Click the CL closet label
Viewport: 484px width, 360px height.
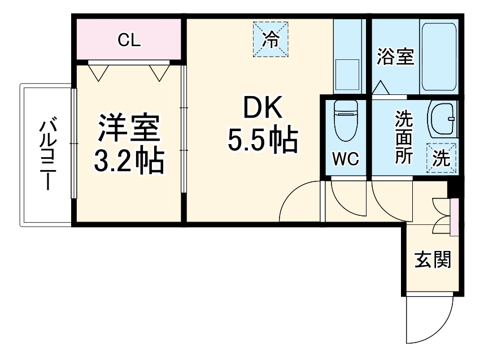pyautogui.click(x=129, y=40)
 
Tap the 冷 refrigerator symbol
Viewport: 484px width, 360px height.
pyautogui.click(x=271, y=40)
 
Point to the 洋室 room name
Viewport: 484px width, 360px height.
pyautogui.click(x=129, y=129)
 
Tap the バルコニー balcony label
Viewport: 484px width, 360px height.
pyautogui.click(x=46, y=153)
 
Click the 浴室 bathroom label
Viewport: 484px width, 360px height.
pyautogui.click(x=395, y=57)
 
